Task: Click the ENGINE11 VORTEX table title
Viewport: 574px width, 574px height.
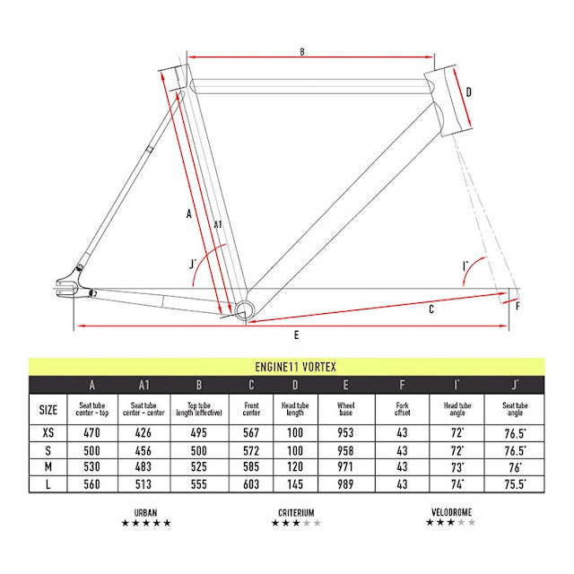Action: pyautogui.click(x=295, y=367)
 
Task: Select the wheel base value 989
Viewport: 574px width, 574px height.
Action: pyautogui.click(x=345, y=484)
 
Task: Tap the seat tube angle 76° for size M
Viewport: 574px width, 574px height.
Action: pyautogui.click(x=515, y=467)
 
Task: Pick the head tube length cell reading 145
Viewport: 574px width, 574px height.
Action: pyautogui.click(x=295, y=484)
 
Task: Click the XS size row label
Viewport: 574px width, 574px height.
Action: pyautogui.click(x=48, y=432)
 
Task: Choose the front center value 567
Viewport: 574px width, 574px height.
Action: pyautogui.click(x=251, y=432)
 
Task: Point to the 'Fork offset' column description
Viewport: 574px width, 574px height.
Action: pyautogui.click(x=402, y=409)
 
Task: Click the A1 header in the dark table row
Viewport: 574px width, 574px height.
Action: pyautogui.click(x=143, y=385)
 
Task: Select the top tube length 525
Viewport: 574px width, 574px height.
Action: pyautogui.click(x=199, y=467)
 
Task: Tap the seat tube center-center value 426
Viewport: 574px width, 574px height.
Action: pyautogui.click(x=143, y=432)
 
